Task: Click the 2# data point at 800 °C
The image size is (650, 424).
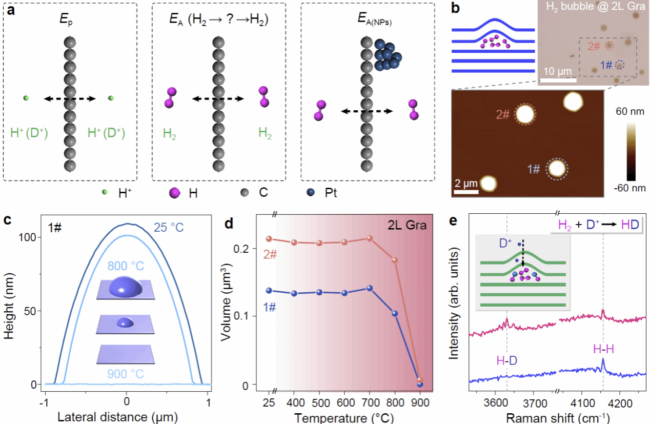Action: point(395,260)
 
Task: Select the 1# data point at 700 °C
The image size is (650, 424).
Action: point(369,288)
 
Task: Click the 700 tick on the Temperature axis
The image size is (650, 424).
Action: point(369,400)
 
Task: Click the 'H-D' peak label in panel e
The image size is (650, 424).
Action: point(507,361)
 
